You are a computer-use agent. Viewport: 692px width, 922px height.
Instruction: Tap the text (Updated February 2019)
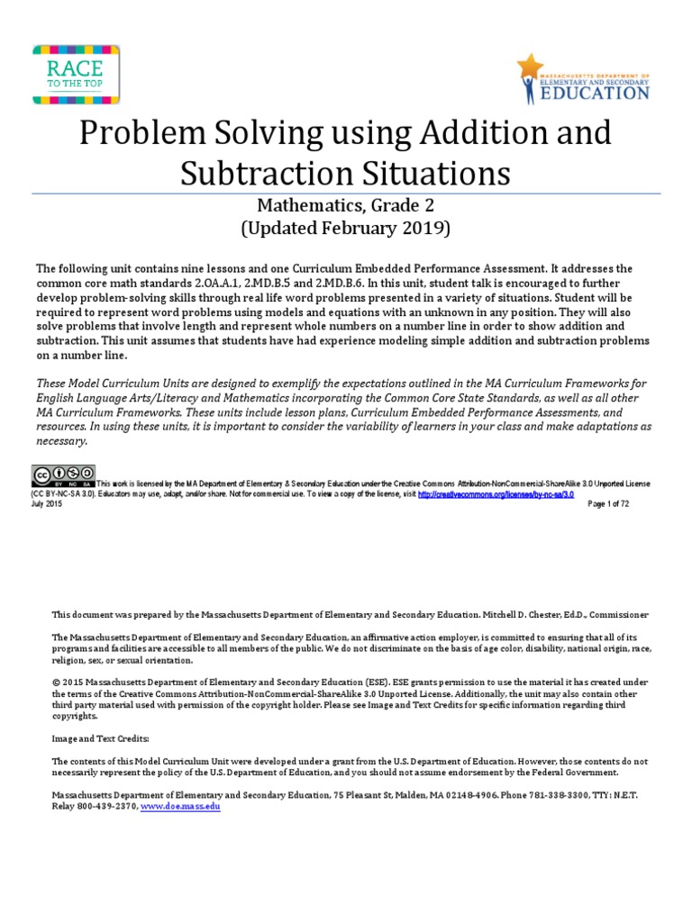[x=346, y=228]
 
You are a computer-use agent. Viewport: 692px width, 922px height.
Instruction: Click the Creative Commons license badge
[x=64, y=475]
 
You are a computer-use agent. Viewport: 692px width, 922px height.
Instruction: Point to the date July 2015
[x=48, y=504]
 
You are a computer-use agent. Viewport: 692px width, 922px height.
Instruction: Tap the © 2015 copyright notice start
[x=66, y=671]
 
